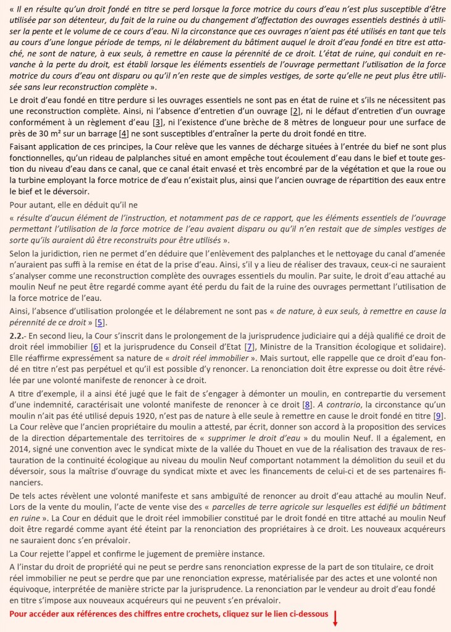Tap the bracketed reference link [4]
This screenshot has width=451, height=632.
tap(124, 133)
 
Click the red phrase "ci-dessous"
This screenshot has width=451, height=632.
tap(306, 615)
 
